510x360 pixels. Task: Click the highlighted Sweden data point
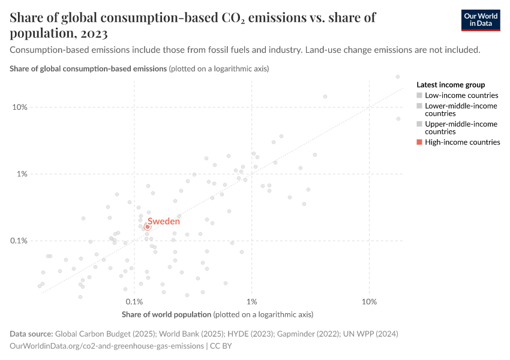pyautogui.click(x=147, y=227)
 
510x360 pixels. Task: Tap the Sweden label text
pyautogui.click(x=164, y=221)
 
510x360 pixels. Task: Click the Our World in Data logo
pyautogui.click(x=481, y=20)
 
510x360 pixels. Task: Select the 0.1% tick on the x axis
pyautogui.click(x=134, y=301)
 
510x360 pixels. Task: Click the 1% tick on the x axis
pyautogui.click(x=251, y=301)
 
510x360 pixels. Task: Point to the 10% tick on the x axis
pyautogui.click(x=369, y=301)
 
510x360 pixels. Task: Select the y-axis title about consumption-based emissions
pyautogui.click(x=88, y=69)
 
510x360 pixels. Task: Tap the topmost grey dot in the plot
pyautogui.click(x=398, y=77)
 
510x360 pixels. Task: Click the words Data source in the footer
pyautogui.click(x=31, y=334)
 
